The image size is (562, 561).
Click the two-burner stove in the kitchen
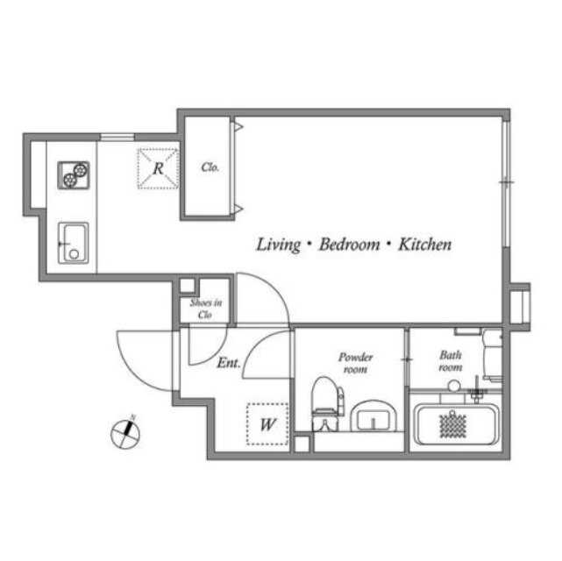(x=74, y=174)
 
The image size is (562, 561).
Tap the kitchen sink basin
(x=74, y=243)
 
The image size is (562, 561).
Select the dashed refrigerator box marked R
(x=158, y=168)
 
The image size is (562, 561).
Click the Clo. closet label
(x=210, y=167)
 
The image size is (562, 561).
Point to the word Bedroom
(x=349, y=245)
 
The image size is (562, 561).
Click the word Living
(x=279, y=245)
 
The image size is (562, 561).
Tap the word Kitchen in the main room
(x=424, y=245)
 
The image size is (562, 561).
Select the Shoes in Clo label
(x=206, y=309)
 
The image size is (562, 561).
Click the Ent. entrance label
(x=229, y=363)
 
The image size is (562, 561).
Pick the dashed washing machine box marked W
(x=267, y=424)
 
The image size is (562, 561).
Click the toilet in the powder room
(x=327, y=404)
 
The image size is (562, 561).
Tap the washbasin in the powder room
(x=373, y=416)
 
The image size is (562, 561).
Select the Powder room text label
(x=356, y=363)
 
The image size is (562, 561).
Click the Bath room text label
(x=451, y=361)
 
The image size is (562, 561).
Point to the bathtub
(x=456, y=424)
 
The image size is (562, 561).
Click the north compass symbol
(x=125, y=433)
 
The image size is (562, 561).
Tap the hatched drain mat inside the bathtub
(x=453, y=425)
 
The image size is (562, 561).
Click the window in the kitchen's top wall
(x=117, y=137)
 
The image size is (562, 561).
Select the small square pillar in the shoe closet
(x=187, y=286)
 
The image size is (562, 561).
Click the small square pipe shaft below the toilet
(x=302, y=444)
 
